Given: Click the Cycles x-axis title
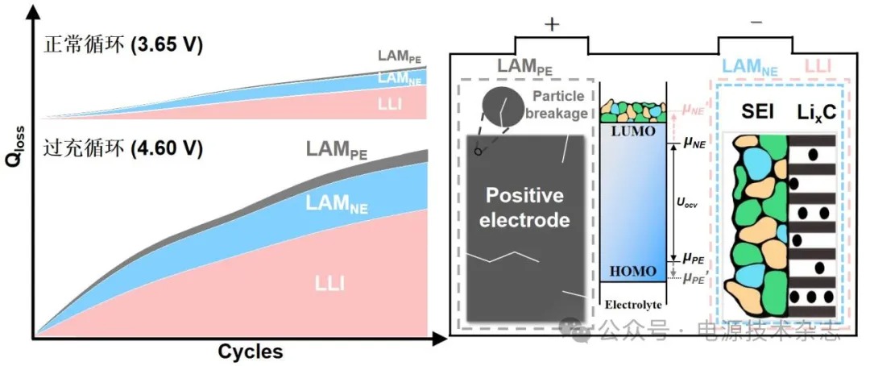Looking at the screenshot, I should click(x=250, y=352).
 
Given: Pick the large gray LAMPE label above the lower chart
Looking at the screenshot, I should click(x=336, y=151).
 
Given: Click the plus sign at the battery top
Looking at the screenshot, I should click(x=552, y=24).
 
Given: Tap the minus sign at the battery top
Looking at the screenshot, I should click(x=756, y=24).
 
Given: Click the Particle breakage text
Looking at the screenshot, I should click(x=559, y=105).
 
